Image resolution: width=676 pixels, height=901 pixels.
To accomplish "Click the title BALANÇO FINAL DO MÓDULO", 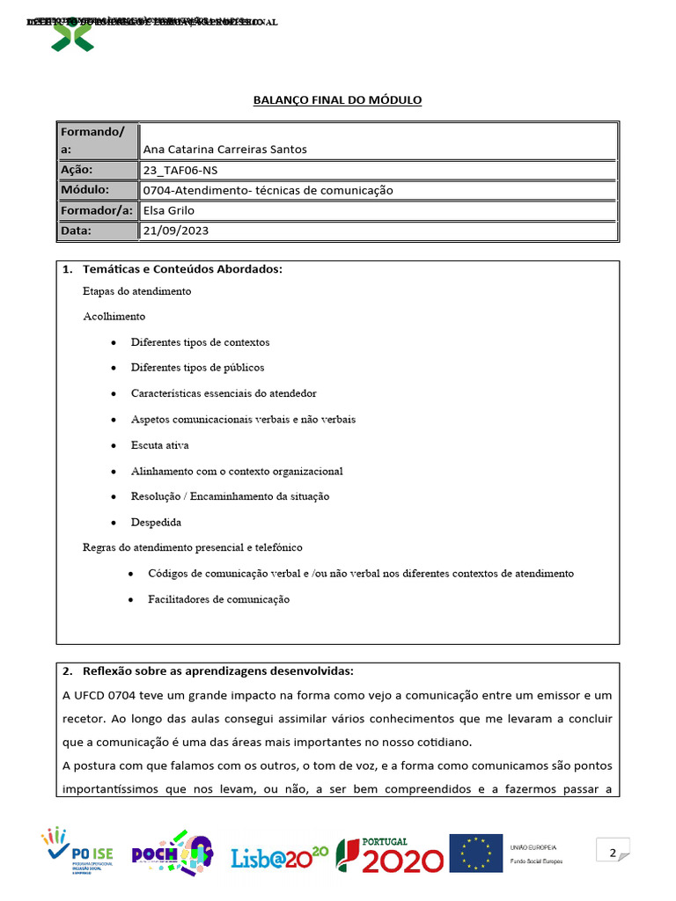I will coord(338,100).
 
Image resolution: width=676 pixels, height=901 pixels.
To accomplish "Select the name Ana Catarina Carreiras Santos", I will coord(224,150).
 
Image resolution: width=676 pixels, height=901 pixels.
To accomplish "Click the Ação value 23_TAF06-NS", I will coord(180,170).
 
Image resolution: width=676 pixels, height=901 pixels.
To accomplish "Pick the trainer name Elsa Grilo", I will coord(169,210).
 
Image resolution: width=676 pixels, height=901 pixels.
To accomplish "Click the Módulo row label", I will coord(84,190).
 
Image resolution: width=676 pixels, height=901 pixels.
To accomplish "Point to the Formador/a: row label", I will coord(96,210).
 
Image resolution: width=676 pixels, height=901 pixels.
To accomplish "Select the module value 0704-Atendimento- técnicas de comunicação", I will coord(268,190).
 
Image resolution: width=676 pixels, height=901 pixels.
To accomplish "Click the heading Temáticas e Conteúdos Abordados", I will coord(182,269).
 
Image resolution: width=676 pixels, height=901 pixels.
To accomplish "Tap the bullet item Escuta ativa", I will coord(159,445).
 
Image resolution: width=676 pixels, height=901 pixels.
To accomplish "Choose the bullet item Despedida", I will coord(156,522).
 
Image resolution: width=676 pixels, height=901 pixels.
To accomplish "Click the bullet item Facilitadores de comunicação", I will coord(218,599).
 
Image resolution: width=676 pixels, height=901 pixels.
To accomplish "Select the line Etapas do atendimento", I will coord(136,291).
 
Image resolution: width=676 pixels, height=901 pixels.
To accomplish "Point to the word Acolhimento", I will coord(114,316).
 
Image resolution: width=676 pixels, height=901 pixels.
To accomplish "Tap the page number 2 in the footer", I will coord(613,852).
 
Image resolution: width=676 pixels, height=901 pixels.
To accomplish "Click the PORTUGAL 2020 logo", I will coord(390,853).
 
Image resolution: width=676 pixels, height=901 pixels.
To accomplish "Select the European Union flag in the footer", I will coord(475,853).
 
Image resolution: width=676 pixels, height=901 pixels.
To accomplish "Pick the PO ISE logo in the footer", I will coord(80,852).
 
